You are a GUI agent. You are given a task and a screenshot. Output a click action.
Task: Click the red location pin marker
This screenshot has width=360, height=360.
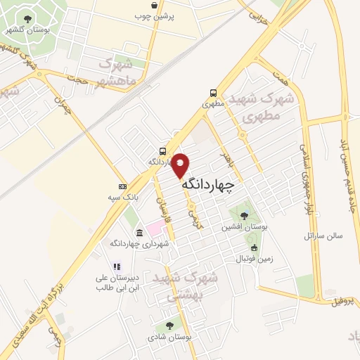[x=181, y=164]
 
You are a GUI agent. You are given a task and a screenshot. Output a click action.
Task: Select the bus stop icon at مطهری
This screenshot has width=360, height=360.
[x=213, y=93]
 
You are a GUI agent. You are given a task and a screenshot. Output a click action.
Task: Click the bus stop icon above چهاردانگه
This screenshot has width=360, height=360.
[x=163, y=150]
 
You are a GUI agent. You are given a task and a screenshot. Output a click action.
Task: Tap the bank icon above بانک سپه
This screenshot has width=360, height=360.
[x=123, y=186]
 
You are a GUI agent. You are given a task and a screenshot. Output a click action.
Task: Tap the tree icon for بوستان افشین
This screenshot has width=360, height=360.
[x=243, y=215]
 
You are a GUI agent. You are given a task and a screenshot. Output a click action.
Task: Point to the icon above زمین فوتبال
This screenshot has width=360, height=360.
[x=254, y=248]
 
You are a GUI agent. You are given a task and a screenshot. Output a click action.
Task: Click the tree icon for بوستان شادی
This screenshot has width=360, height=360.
[x=169, y=326]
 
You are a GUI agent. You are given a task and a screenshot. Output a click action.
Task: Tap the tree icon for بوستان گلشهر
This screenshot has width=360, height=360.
[x=27, y=19]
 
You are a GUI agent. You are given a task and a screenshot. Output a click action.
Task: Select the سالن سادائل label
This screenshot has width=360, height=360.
[x=323, y=236]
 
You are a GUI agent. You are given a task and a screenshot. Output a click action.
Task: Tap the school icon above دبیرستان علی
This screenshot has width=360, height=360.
[x=117, y=266]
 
